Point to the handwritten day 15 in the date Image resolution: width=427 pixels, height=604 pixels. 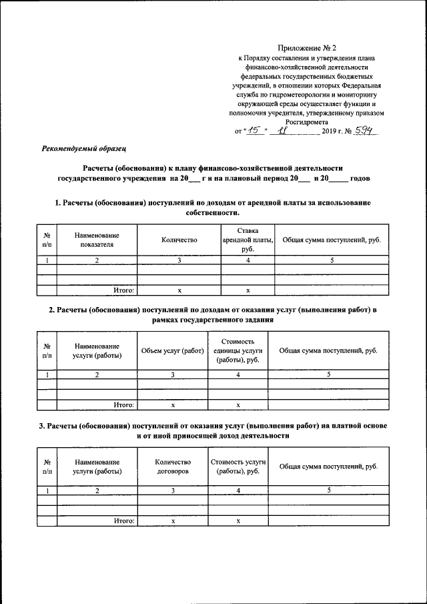(252, 131)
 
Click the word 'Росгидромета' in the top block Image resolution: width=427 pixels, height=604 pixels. (306, 122)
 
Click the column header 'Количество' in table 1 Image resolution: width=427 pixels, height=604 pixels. (179, 240)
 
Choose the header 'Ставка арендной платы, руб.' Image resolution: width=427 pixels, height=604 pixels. (248, 240)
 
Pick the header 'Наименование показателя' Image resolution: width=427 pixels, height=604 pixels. (97, 240)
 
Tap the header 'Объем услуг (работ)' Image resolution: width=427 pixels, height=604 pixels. (172, 351)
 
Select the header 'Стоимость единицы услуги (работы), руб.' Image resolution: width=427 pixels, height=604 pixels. (238, 351)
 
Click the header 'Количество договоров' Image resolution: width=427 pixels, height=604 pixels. (172, 467)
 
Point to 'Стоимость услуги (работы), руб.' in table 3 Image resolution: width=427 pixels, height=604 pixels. (238, 467)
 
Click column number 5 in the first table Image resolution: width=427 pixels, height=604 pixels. (332, 260)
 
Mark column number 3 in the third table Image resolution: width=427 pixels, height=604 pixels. (172, 491)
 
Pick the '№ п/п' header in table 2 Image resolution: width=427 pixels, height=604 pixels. (47, 351)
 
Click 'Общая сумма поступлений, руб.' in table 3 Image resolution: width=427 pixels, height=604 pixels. (328, 466)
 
